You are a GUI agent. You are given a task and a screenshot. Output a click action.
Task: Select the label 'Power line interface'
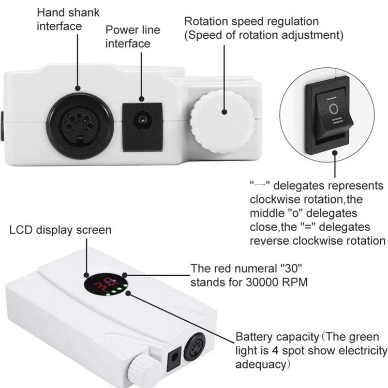pos(132,36)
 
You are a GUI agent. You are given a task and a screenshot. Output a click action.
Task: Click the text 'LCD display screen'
pos(61,229)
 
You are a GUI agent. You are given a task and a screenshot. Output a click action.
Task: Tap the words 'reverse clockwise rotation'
pos(318,241)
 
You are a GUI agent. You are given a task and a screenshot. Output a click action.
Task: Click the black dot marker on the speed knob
pos(225,111)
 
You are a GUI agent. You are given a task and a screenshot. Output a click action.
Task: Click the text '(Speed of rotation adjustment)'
pos(264,35)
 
